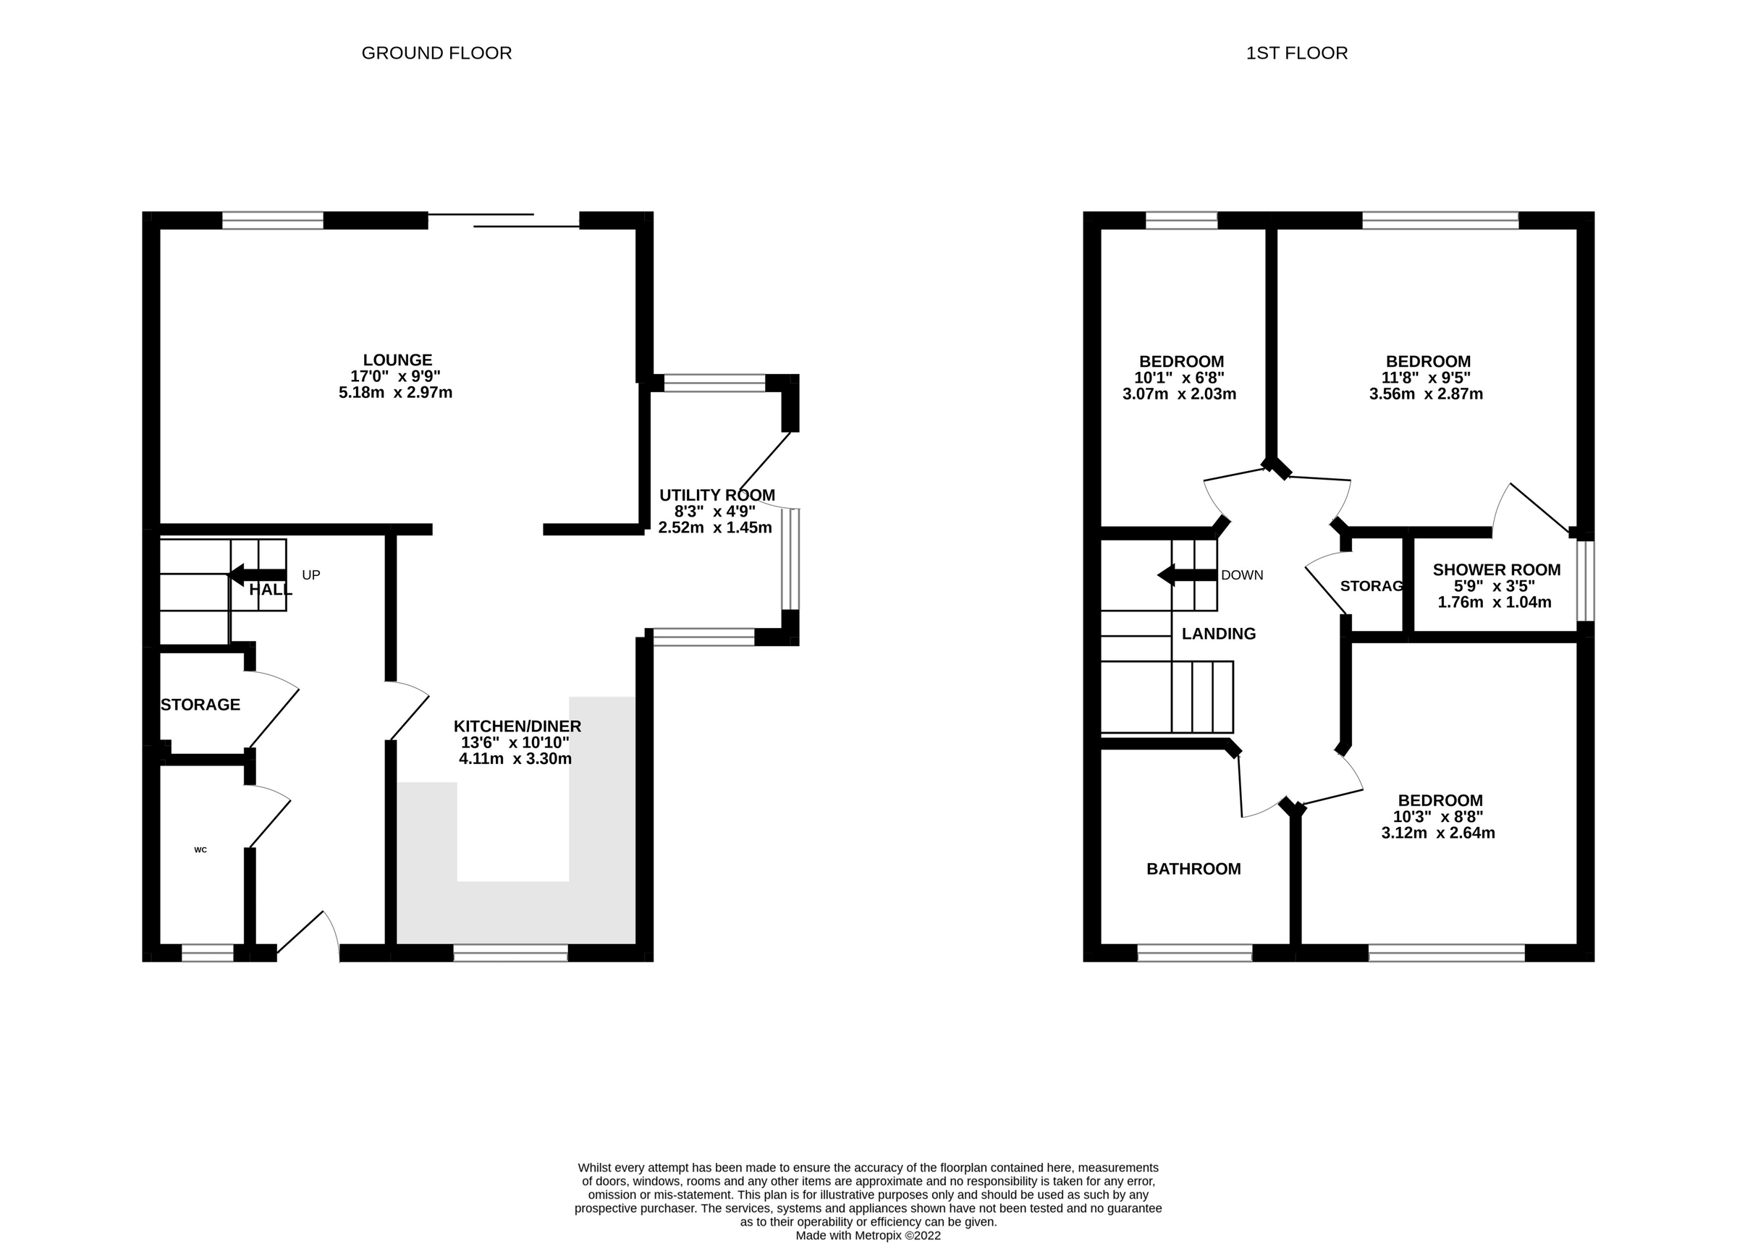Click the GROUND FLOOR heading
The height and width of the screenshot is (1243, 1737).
436,53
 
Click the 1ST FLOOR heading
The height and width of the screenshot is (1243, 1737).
1297,53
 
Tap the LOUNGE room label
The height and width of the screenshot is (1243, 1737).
397,360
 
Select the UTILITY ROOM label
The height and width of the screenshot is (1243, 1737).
717,495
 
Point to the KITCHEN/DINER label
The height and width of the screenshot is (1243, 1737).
517,726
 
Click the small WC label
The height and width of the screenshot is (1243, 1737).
200,849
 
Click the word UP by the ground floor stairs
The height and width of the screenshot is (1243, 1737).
310,574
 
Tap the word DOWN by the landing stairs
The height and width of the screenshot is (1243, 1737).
1242,574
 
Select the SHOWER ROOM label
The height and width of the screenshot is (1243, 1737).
1497,569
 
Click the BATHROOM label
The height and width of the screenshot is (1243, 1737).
1193,869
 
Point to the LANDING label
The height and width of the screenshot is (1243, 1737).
1219,634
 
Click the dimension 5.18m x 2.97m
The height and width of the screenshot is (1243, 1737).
396,393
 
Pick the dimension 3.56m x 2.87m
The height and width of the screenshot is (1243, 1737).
1427,394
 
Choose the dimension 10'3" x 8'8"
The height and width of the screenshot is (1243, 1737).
1437,817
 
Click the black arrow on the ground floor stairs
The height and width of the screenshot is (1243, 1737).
256,574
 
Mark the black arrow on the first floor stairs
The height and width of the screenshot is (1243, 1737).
1186,574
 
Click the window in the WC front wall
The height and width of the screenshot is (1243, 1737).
208,952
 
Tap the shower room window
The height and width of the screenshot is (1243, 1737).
1585,581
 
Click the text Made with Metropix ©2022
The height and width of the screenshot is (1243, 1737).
868,1235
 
